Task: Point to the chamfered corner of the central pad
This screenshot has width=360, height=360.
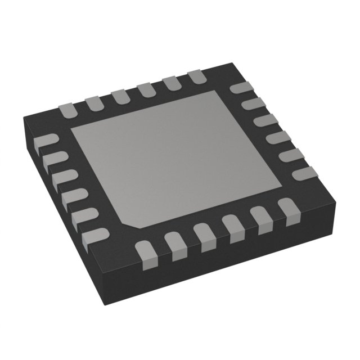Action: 134,222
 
